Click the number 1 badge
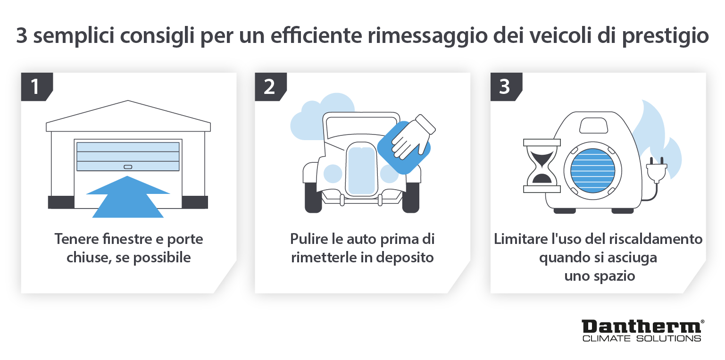click(34, 87)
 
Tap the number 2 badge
click(269, 87)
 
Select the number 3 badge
click(504, 87)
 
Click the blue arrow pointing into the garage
click(128, 198)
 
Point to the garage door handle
click(128, 167)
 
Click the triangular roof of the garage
click(128, 113)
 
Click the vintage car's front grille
click(361, 170)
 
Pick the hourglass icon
click(541, 165)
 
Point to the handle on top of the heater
click(593, 126)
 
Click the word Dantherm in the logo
click(641, 327)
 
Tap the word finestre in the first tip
click(124, 239)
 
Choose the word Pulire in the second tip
click(306, 239)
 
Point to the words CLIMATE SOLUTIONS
click(641, 338)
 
